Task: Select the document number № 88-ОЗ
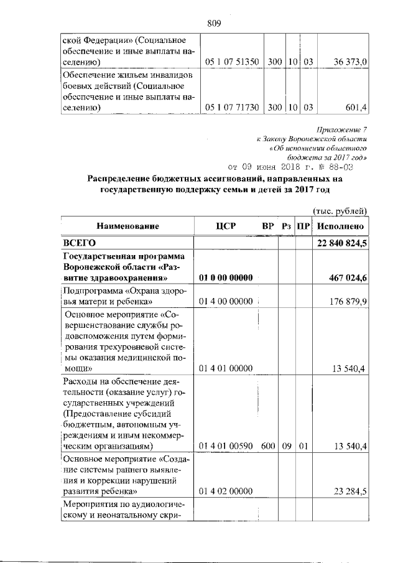pos(336,167)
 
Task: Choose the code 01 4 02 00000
pos(226,491)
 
